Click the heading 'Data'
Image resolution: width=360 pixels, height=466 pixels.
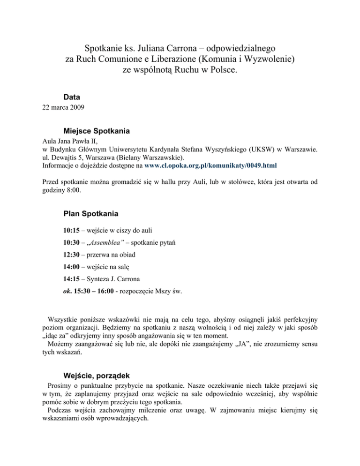point(71,97)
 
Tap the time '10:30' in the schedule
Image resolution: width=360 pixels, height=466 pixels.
point(72,243)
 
